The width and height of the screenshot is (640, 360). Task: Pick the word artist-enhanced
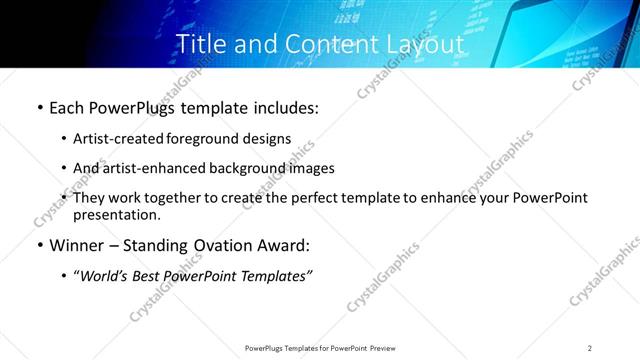(152, 168)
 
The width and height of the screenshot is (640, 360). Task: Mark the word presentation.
(116, 215)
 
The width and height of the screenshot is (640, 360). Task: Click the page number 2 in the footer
(589, 348)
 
